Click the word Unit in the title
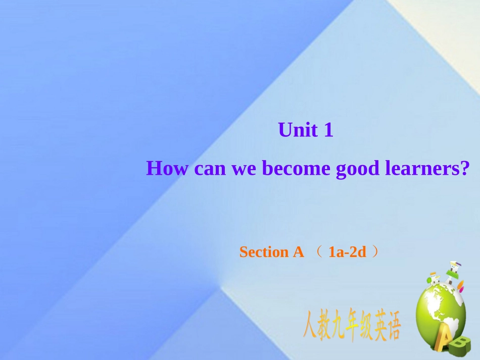[298, 131]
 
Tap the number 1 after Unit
[328, 131]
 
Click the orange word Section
[263, 252]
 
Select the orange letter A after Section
[298, 252]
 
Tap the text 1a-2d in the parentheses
[347, 252]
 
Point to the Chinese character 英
[379, 328]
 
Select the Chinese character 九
[337, 328]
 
